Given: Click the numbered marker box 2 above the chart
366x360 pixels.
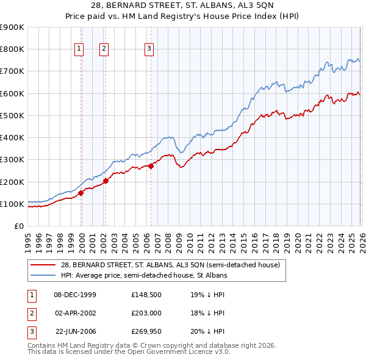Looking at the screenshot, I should [104, 49].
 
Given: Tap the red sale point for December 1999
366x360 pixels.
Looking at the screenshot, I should [81, 193].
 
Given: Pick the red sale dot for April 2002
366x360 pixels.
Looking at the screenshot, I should [106, 181].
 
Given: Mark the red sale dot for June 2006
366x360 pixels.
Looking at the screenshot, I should [151, 166].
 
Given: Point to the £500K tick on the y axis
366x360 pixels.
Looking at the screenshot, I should [12, 115].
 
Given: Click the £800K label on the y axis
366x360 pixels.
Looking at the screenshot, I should [12, 49].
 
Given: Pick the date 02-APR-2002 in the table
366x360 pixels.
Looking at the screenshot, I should [75, 313].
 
